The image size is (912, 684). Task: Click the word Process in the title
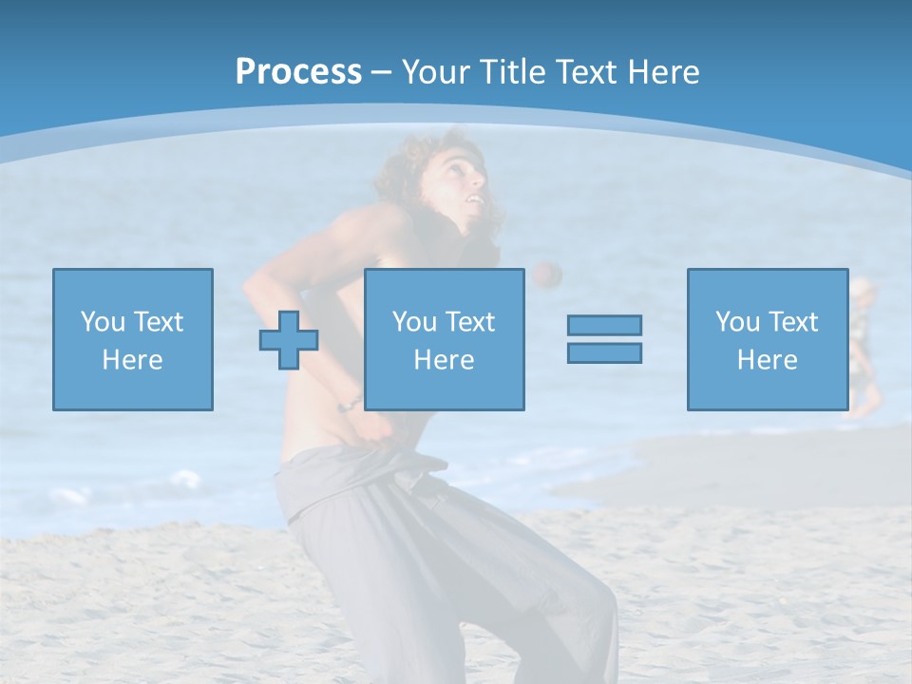coord(298,72)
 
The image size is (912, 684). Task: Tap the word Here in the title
coord(663,72)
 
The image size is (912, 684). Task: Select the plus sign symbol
coord(289,340)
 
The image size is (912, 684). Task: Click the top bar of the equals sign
coord(604,326)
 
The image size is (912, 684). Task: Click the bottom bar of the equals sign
coord(604,352)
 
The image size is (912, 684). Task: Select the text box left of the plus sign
coord(132,339)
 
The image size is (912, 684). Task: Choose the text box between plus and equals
coord(444,339)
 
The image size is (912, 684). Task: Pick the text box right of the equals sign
coord(767,339)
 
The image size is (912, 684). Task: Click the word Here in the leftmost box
coord(132,360)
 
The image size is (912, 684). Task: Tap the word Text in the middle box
coord(470,322)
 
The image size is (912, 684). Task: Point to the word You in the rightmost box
coord(737,322)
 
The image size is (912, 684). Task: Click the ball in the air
coord(546,275)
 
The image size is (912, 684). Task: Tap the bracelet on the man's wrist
coord(349,404)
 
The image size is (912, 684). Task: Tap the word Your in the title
coord(436,72)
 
